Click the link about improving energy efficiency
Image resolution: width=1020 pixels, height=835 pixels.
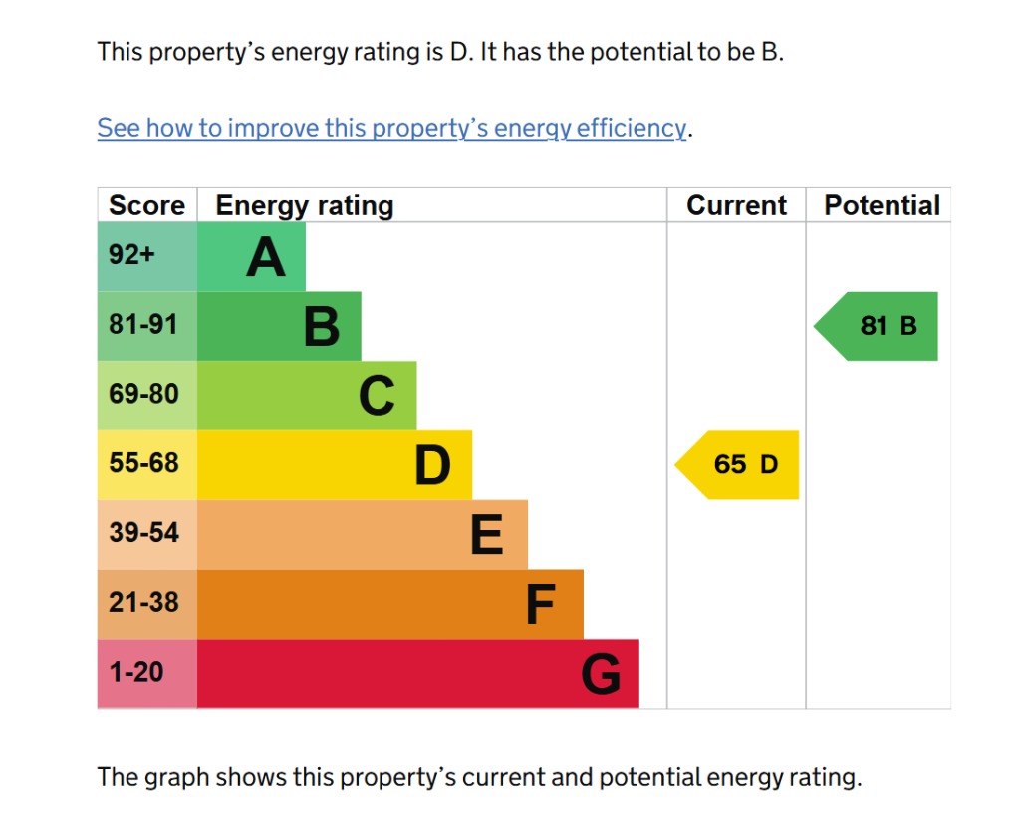point(391,129)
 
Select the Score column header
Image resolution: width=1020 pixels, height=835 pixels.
point(146,206)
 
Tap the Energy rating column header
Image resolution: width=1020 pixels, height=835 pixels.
point(305,206)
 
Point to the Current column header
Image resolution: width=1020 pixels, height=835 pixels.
point(736,206)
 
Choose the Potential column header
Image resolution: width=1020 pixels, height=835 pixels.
point(882,206)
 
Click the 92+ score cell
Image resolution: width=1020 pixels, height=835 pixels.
point(132,255)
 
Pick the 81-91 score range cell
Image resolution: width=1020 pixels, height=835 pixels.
point(143,325)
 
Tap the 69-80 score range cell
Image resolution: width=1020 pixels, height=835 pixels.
point(143,395)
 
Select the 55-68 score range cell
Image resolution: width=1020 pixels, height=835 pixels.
point(143,463)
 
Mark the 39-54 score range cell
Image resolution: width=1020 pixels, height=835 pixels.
point(143,533)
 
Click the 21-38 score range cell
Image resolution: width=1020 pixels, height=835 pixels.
point(143,603)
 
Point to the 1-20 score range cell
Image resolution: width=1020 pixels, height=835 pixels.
point(136,673)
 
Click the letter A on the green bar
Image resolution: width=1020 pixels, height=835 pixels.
point(266,258)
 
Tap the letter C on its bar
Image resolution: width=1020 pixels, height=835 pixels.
point(377,397)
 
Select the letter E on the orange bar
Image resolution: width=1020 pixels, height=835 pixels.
point(486,536)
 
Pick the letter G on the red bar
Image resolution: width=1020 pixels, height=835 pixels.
point(601,675)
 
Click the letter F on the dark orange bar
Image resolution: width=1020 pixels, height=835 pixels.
point(540,605)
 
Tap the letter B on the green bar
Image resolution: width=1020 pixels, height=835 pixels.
point(322,327)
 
